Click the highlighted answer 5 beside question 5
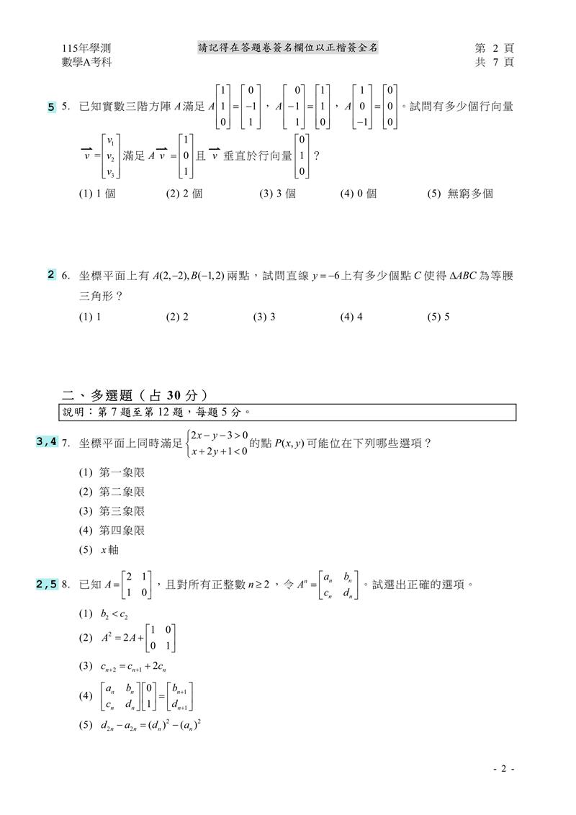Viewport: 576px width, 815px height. click(51, 107)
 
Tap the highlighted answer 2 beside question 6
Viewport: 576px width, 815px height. click(51, 274)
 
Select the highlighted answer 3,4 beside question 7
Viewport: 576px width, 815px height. click(47, 442)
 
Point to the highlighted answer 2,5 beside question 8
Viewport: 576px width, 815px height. click(47, 585)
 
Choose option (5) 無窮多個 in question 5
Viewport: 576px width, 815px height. click(460, 194)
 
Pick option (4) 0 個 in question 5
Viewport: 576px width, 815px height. click(358, 194)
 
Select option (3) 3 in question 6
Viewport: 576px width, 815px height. click(264, 316)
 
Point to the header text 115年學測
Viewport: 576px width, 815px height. click(86, 48)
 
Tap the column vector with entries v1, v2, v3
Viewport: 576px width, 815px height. click(109, 155)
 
